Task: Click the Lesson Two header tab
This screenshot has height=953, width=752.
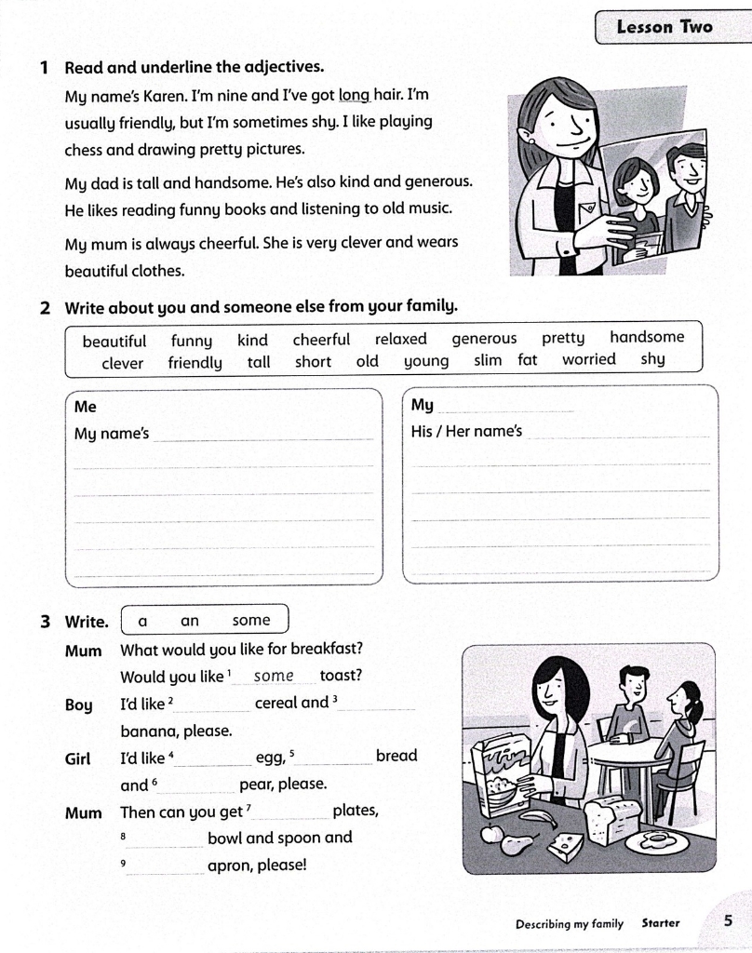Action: (x=665, y=26)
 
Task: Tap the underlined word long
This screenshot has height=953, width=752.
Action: (x=355, y=95)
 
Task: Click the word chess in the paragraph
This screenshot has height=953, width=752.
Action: (x=83, y=149)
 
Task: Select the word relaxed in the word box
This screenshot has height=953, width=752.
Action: (x=401, y=339)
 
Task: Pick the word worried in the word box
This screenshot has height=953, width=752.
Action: (x=588, y=359)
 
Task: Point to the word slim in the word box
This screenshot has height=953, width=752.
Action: (x=488, y=360)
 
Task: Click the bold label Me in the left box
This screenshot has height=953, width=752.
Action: (x=86, y=407)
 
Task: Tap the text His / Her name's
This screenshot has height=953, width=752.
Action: (x=467, y=432)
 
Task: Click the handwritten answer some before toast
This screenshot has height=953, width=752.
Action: (x=274, y=676)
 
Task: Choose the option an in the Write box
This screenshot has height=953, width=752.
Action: (x=190, y=621)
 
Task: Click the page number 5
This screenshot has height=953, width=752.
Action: (x=728, y=921)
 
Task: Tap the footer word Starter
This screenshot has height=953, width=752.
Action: (x=661, y=923)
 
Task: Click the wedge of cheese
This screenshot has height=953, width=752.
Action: (x=565, y=846)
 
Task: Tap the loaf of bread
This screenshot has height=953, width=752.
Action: (x=611, y=818)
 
